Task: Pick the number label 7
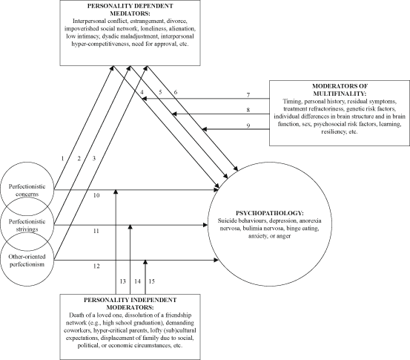[249, 96]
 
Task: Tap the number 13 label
[123, 281]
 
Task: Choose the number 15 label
[152, 281]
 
